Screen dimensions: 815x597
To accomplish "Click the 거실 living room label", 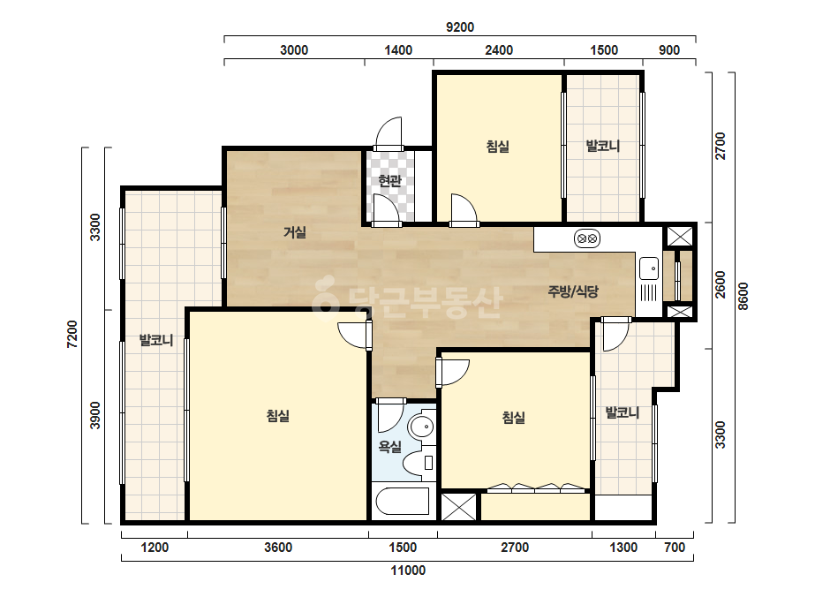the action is click(x=295, y=232).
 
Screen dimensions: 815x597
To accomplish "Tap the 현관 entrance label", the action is click(x=389, y=181).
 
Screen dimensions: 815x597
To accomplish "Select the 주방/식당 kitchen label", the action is click(x=573, y=291).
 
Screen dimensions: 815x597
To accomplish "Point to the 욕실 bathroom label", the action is click(x=389, y=446).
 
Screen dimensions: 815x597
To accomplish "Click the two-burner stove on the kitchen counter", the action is click(x=587, y=238).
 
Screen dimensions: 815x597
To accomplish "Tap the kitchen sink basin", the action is click(x=649, y=268).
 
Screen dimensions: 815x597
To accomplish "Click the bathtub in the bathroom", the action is click(x=403, y=502).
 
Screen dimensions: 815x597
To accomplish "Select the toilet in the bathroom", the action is click(x=420, y=462).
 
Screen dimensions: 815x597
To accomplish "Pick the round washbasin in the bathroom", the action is click(x=421, y=427).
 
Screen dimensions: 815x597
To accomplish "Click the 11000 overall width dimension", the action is click(x=408, y=571).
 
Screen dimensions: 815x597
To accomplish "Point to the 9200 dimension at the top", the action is click(x=460, y=27).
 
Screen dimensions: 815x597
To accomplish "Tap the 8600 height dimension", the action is click(x=743, y=297).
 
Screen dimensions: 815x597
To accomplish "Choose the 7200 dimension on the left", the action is click(x=72, y=335).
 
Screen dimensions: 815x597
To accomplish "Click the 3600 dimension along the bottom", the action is click(x=278, y=547).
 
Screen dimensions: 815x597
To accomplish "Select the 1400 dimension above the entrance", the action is click(x=398, y=50).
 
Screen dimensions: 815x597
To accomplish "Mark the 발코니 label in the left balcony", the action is click(x=156, y=341).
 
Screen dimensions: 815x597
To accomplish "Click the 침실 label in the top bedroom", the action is click(x=497, y=146).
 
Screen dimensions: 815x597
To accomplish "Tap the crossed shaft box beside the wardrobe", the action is click(x=458, y=507).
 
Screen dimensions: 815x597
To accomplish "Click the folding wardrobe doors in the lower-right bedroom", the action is click(x=536, y=487).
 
